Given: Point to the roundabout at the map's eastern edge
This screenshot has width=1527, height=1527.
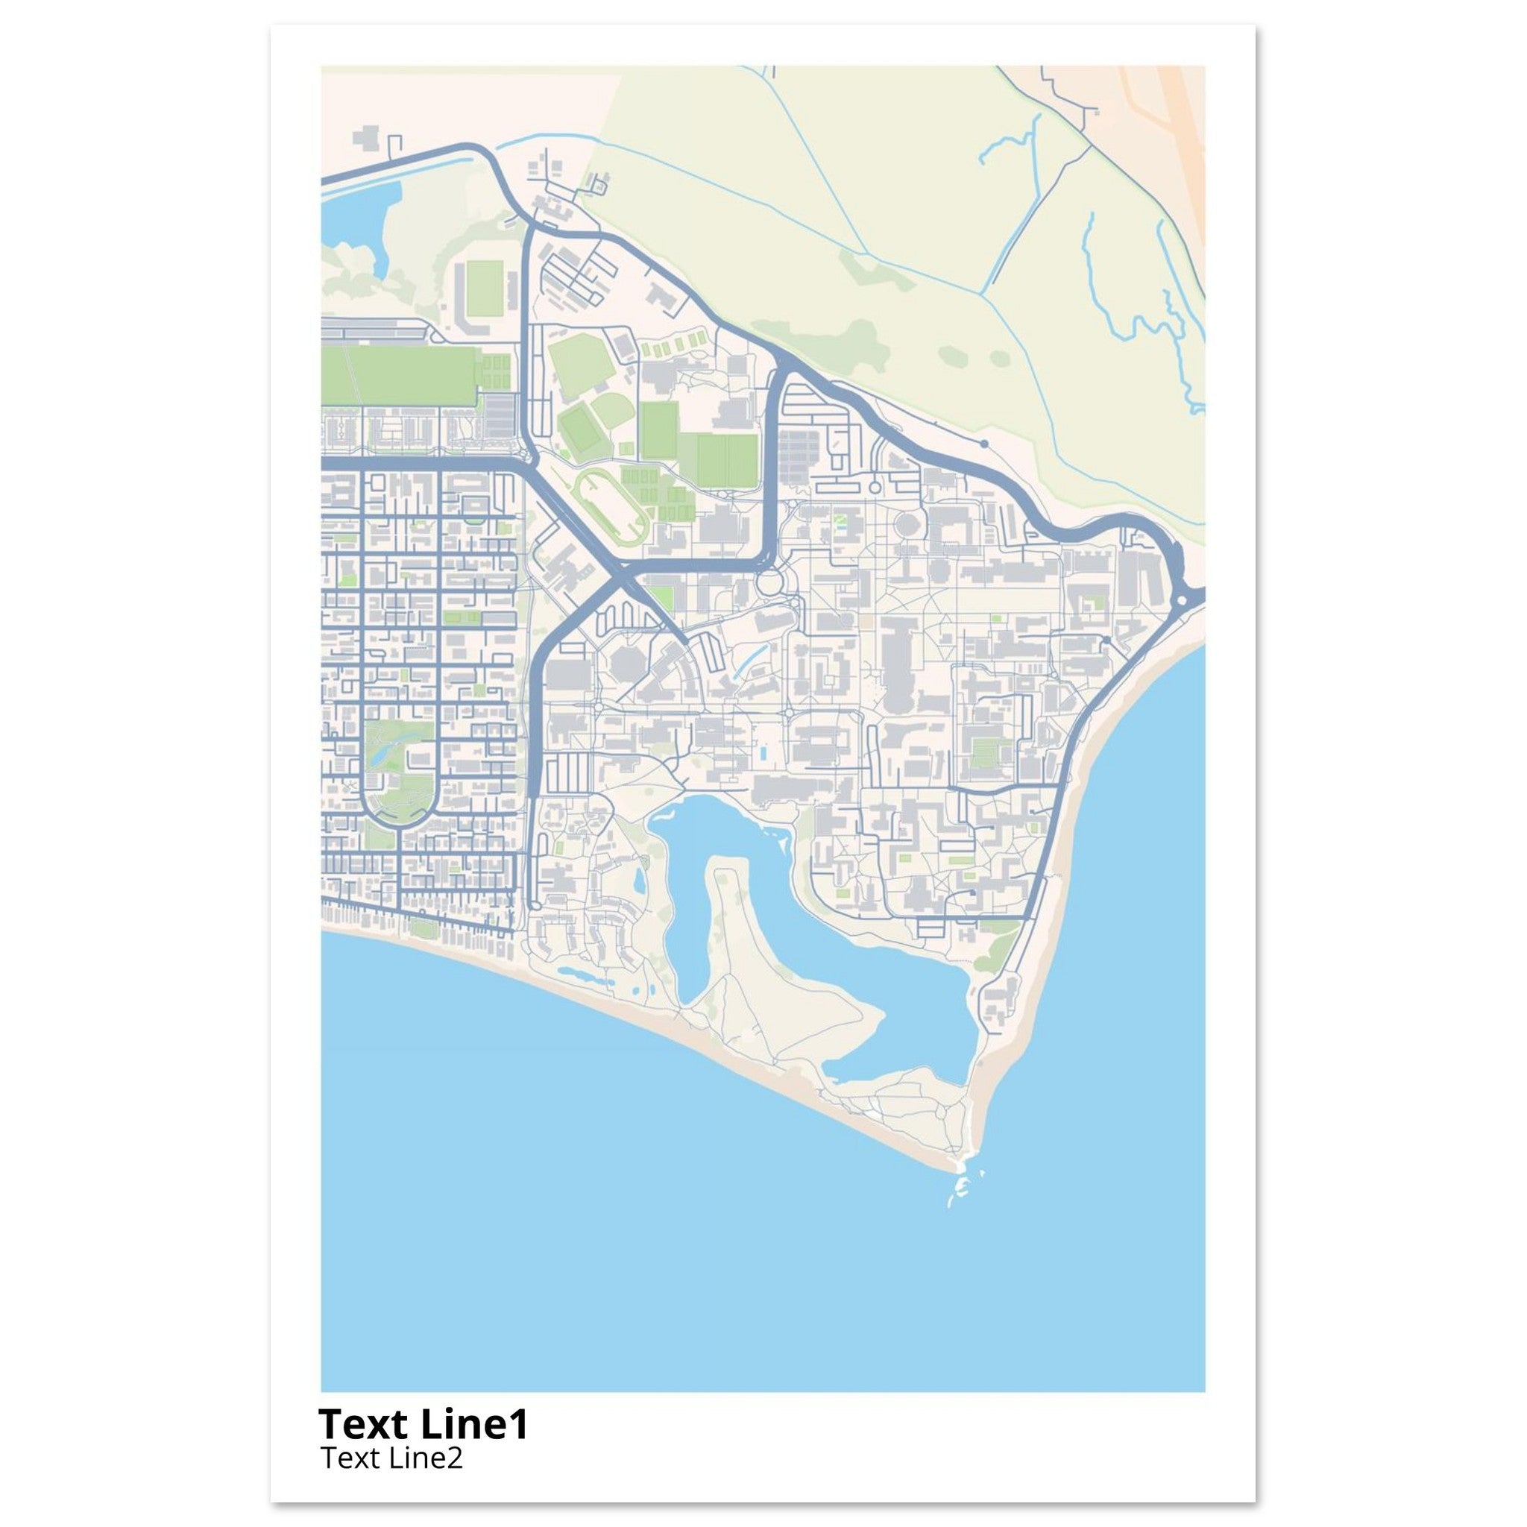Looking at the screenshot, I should tap(1183, 600).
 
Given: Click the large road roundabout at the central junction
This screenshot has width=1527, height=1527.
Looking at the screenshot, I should tap(767, 585).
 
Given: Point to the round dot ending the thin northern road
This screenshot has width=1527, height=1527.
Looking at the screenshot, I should tap(984, 444).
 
